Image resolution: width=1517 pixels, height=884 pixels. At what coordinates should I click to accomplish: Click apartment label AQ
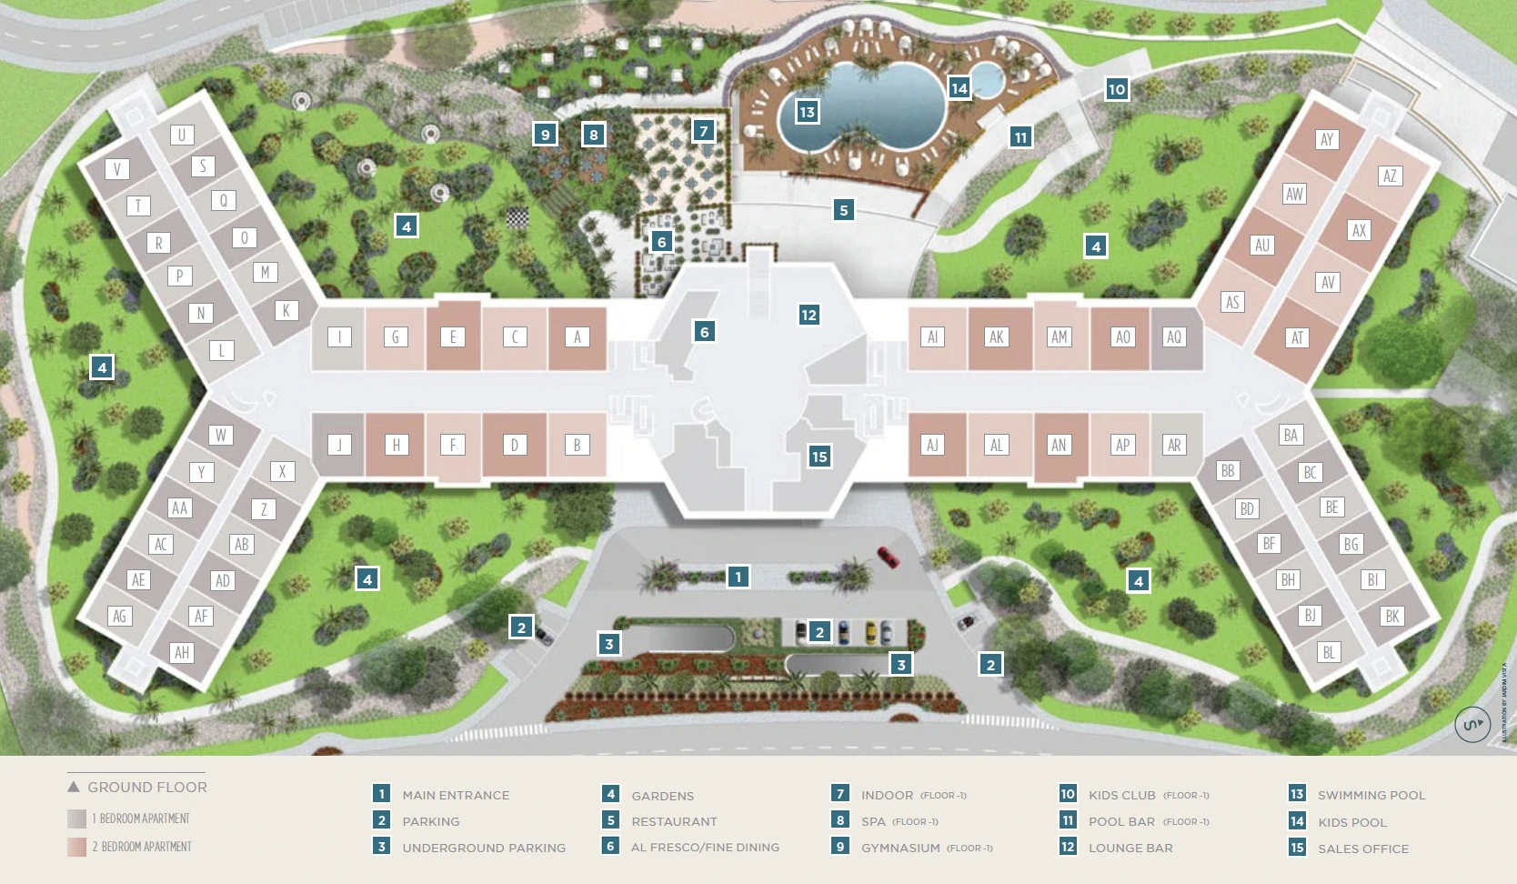tap(1174, 337)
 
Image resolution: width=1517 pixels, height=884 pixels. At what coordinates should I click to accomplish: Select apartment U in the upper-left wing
tap(182, 136)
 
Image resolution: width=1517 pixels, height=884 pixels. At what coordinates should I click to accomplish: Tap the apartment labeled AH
tap(182, 652)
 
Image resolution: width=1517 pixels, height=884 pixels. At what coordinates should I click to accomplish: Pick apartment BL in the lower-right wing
tap(1329, 652)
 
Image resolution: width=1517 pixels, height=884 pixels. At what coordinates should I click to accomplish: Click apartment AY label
tap(1327, 139)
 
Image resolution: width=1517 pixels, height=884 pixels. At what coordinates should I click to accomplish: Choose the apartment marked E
tap(453, 337)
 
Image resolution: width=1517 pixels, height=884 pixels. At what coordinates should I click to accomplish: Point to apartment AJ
tap(932, 445)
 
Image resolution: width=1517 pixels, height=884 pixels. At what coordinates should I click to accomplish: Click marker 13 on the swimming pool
tap(807, 112)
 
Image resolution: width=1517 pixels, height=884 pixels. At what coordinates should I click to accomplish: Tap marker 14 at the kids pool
tap(959, 87)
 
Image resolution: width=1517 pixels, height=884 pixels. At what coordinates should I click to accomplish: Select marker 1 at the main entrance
tap(738, 576)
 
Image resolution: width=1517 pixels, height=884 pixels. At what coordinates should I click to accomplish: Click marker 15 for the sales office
tap(819, 457)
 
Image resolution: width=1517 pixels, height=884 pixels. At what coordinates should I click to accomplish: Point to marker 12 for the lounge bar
tap(809, 315)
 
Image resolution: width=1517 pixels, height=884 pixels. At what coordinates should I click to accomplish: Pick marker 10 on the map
tap(1117, 88)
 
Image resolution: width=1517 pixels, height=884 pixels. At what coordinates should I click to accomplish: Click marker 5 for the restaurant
tap(843, 210)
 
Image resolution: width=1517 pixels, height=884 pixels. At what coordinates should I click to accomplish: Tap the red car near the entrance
tap(888, 557)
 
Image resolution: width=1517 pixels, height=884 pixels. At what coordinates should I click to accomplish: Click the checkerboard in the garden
tap(517, 217)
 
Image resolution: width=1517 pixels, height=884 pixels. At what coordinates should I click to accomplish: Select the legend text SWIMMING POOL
tap(1371, 795)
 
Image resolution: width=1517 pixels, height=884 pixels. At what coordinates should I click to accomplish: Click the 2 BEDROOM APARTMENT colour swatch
tap(76, 847)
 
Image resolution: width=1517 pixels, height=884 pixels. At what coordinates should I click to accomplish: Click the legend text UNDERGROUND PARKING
tap(484, 848)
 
